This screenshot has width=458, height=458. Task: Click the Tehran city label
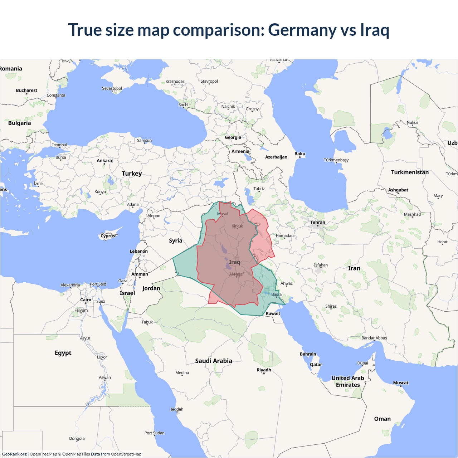[318, 222]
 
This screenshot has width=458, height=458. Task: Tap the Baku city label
[300, 154]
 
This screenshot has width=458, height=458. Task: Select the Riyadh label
[264, 370]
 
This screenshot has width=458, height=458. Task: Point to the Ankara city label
[104, 161]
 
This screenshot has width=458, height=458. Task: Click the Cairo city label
[86, 300]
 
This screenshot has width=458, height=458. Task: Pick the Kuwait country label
[273, 313]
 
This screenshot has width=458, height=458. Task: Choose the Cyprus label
[108, 236]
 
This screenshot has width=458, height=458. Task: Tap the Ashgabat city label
[398, 190]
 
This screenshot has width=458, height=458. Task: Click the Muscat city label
[401, 383]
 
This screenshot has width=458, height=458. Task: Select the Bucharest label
[26, 91]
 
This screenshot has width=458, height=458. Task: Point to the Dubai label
[362, 363]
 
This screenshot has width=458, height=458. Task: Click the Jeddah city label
[177, 409]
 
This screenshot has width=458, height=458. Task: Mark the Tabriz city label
[259, 189]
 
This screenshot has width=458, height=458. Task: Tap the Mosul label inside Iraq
[223, 214]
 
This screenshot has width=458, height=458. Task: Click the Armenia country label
[240, 151]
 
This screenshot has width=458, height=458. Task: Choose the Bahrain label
[308, 354]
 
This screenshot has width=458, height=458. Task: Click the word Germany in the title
[302, 30]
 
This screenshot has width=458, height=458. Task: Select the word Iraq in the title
[375, 30]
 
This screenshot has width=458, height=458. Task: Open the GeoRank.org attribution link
[14, 454]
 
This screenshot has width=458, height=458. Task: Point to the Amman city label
[140, 274]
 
